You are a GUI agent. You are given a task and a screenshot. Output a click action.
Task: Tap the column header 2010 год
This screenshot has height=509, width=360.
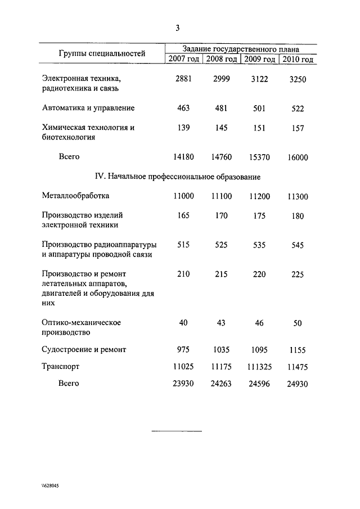click(x=298, y=60)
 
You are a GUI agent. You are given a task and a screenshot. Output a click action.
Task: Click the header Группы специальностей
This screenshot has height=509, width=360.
click(x=102, y=54)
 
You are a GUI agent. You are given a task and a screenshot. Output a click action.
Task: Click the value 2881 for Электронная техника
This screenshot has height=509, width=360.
click(x=183, y=79)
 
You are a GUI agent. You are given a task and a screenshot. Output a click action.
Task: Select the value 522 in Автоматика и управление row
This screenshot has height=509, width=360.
click(x=298, y=108)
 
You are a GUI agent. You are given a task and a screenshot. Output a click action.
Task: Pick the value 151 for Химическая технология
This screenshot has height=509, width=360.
click(x=259, y=128)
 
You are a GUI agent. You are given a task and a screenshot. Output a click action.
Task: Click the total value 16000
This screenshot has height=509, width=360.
click(x=298, y=158)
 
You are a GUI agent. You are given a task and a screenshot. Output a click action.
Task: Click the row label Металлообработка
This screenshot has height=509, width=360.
click(x=76, y=196)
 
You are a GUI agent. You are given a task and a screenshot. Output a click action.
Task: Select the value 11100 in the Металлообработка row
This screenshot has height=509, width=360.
click(x=221, y=196)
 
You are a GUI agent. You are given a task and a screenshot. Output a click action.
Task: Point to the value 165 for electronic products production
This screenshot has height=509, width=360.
click(x=183, y=215)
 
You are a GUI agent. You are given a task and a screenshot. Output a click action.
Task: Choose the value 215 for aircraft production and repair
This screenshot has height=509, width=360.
click(x=221, y=274)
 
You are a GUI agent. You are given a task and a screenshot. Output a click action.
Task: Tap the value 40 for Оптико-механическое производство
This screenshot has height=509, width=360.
click(x=183, y=323)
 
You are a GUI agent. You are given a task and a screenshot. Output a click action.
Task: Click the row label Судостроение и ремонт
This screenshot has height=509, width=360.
click(x=84, y=349)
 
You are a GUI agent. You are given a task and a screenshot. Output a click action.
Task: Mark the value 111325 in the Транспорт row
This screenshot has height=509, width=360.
click(x=259, y=367)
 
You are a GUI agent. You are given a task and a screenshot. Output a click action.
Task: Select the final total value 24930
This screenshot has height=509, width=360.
click(x=298, y=384)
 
